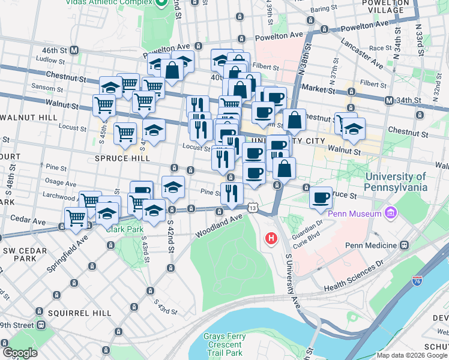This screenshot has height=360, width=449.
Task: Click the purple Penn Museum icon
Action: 391,213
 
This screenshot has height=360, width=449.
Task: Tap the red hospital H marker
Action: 271,239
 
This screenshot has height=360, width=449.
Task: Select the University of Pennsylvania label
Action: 396,182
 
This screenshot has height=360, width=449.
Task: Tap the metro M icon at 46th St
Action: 75,50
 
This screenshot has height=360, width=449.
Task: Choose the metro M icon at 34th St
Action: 390,100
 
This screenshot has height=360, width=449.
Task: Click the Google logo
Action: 20,352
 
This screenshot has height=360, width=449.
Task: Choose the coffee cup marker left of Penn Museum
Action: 321,197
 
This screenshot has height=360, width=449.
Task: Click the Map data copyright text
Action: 412,355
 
